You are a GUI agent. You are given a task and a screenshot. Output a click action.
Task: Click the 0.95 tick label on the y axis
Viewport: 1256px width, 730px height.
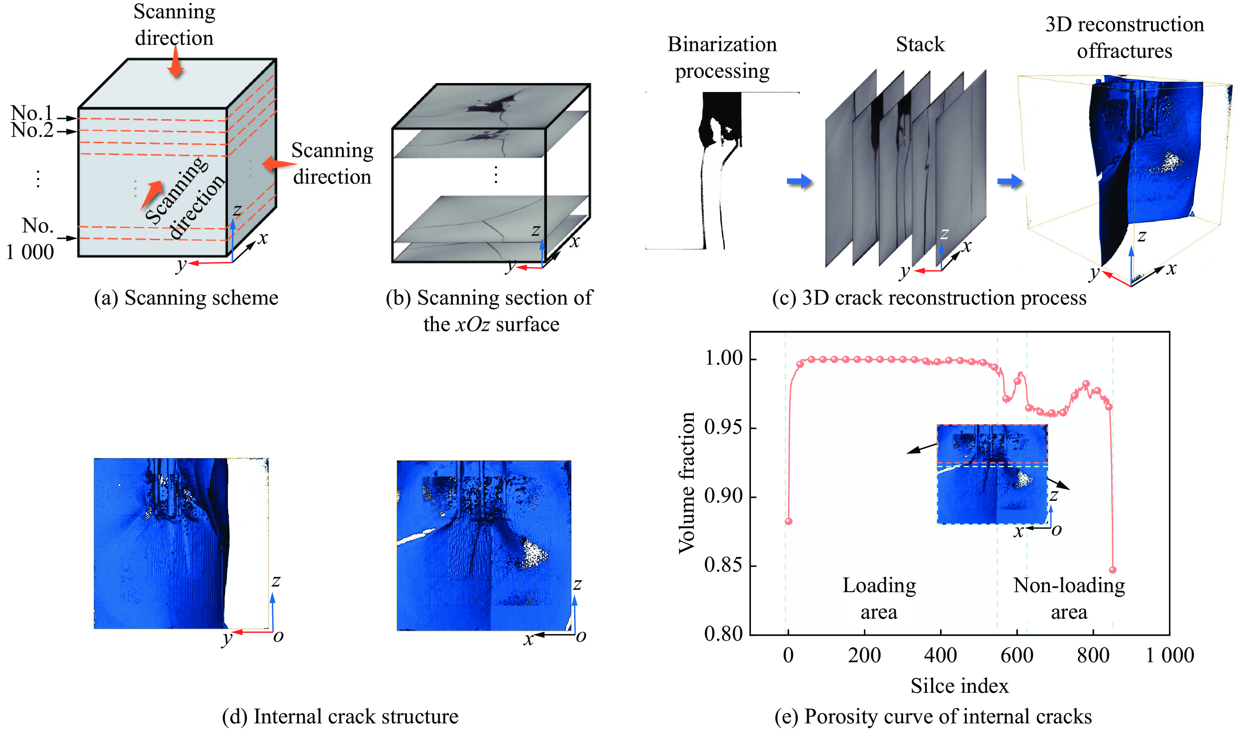coord(723,427)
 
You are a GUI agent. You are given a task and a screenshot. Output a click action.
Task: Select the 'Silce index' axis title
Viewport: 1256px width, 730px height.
coord(960,685)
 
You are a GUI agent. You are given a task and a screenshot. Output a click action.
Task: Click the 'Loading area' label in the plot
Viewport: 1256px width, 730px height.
coord(879,598)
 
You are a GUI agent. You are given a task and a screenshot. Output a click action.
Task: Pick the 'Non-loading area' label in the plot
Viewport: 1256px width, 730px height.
coord(1069,598)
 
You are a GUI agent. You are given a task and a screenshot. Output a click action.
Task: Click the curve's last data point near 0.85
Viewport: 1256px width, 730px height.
coord(1112,570)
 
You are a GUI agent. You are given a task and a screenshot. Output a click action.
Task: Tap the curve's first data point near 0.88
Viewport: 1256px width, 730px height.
coord(788,521)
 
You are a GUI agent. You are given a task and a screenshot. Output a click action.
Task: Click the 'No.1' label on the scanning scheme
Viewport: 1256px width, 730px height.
coord(32,113)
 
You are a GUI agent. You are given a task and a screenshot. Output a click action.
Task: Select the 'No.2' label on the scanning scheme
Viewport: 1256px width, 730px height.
coord(32,131)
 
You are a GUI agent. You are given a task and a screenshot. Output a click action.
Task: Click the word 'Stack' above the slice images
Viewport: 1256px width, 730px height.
coord(920,45)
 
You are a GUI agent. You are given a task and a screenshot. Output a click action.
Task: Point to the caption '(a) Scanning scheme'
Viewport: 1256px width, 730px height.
coord(186,298)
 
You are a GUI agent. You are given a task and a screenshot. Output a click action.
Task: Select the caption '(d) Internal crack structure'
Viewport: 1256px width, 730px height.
coord(340,716)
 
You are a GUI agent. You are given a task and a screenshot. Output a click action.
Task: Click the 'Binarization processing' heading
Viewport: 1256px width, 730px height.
coord(722,58)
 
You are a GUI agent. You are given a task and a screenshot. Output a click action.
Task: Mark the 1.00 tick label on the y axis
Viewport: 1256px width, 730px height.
coord(723,358)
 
